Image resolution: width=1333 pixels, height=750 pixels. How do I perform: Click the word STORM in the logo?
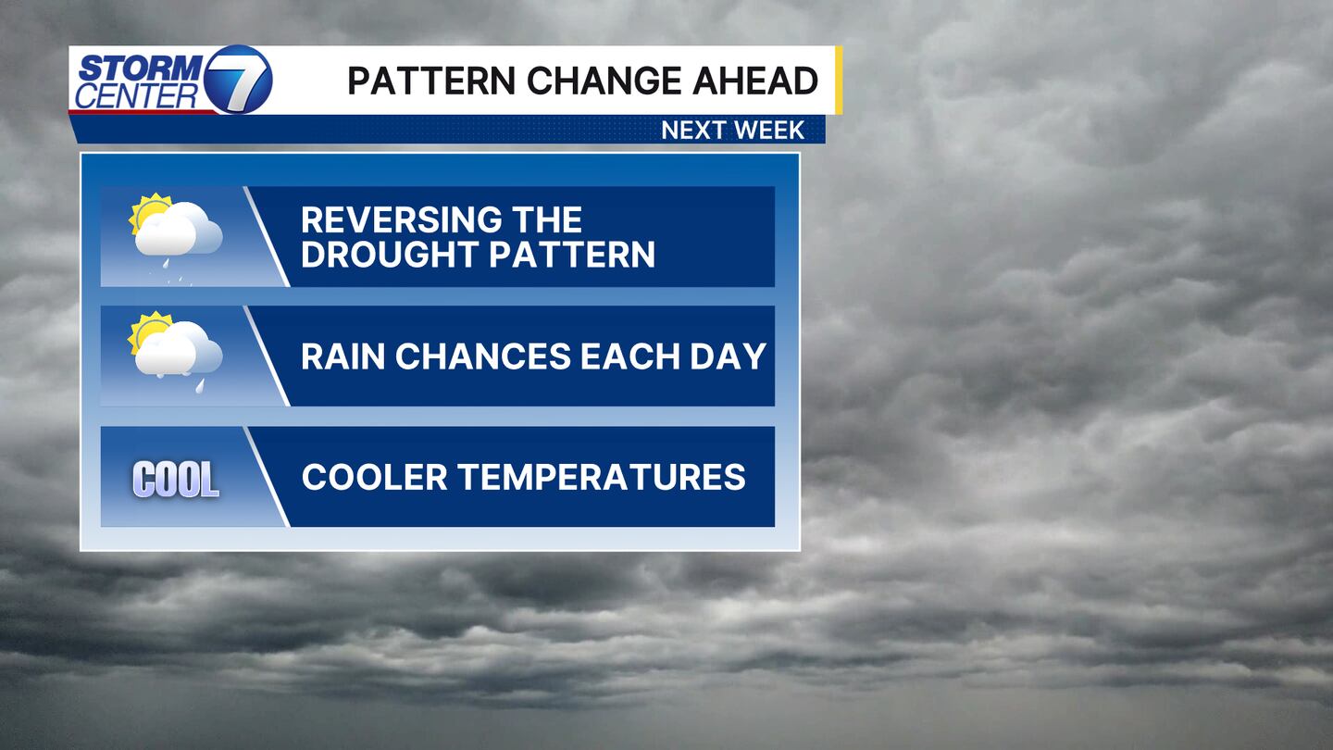(x=141, y=68)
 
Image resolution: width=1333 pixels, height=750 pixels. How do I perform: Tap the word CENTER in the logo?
(x=136, y=96)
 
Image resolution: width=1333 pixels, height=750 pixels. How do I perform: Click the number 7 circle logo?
(x=238, y=80)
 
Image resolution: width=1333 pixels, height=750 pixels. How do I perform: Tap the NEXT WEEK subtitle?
(x=732, y=131)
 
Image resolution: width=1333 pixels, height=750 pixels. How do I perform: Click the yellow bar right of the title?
(x=839, y=81)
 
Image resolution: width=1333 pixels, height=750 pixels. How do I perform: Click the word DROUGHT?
(x=391, y=254)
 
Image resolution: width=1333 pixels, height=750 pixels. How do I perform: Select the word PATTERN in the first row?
(x=572, y=254)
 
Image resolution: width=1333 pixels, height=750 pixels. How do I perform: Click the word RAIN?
(x=343, y=356)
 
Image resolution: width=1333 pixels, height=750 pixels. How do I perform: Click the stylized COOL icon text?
(x=176, y=480)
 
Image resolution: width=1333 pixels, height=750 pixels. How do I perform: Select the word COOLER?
(x=374, y=477)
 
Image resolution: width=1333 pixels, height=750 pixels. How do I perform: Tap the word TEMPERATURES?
(x=602, y=477)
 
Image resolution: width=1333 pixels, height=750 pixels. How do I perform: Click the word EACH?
(x=630, y=356)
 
